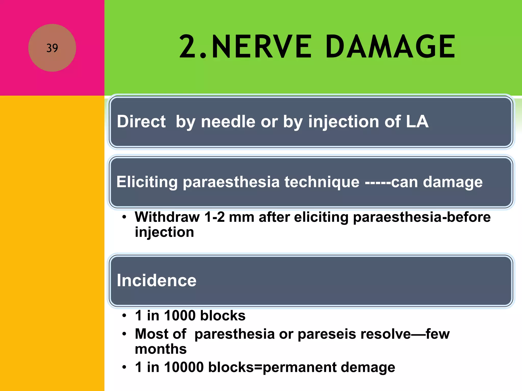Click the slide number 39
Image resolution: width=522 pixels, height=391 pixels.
coord(52,48)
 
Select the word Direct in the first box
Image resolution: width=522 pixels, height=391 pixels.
coord(141,121)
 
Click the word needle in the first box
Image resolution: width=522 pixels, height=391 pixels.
coord(228,121)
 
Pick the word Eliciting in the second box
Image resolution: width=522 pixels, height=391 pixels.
coord(147,182)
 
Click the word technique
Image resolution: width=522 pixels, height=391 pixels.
coord(322,182)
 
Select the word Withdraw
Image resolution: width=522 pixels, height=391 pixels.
coord(167,217)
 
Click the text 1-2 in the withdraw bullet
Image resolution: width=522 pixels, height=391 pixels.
coord(215,217)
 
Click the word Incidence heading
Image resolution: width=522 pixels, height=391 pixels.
coord(156,281)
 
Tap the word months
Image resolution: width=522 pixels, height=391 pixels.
coord(161,349)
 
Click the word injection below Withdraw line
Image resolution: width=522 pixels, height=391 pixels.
coord(164,232)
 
